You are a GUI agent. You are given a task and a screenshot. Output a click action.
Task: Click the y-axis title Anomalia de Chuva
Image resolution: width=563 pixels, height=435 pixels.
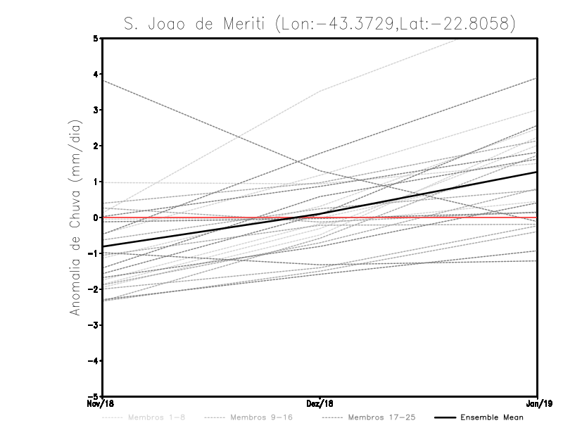tap(75, 217)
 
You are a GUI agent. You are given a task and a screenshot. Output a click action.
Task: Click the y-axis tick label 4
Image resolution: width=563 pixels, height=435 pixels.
tap(96, 74)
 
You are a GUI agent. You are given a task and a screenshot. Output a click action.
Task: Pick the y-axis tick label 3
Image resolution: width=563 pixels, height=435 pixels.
tap(96, 110)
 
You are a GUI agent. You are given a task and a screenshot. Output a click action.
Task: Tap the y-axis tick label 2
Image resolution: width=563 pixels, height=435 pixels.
tap(96, 146)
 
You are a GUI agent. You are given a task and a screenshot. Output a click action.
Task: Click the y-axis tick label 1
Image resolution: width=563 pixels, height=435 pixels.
tap(96, 182)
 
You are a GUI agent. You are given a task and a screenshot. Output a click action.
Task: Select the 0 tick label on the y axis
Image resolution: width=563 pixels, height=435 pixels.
tap(96, 217)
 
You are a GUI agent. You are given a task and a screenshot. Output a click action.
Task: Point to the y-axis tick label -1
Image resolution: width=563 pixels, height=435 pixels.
tap(94, 253)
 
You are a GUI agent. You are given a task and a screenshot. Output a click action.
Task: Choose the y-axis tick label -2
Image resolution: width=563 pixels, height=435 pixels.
tap(94, 289)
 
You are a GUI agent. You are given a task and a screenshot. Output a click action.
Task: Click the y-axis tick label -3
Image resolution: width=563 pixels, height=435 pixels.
tap(94, 325)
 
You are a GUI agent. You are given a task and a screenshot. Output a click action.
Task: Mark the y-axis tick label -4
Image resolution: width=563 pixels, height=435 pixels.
tap(94, 361)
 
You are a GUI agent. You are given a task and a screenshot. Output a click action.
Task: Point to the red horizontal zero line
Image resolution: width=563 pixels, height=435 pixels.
tap(211, 217)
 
